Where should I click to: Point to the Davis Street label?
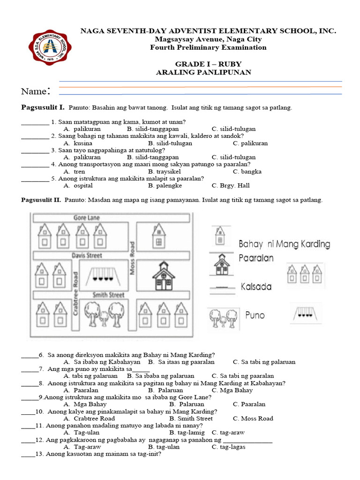pos(87,255)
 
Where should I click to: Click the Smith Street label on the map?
pos(108,295)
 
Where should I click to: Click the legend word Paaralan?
pos(256,258)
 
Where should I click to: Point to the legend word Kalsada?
pos(256,286)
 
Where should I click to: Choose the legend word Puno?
pos(255,315)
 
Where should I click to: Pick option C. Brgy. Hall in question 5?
pos(234,186)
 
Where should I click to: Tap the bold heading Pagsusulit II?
pos(41,200)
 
